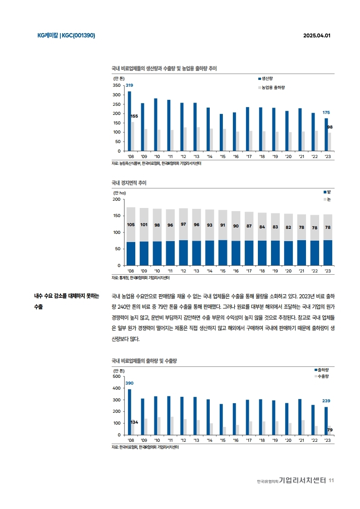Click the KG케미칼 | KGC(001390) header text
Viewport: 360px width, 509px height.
[x=66, y=35]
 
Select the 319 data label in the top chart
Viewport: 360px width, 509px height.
[x=129, y=85]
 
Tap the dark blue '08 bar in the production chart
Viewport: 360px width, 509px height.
[x=129, y=121]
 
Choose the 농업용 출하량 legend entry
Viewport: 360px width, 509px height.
[x=274, y=87]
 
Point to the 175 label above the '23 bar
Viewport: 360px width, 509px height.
[x=326, y=112]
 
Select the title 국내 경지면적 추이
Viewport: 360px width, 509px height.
[x=129, y=183]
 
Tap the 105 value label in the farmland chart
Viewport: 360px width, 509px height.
[x=131, y=225]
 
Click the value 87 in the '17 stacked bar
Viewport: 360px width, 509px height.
[x=249, y=226]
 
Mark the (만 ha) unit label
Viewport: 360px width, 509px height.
[x=119, y=193]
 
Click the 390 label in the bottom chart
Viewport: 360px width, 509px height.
[x=129, y=384]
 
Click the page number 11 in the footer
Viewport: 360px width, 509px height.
[x=331, y=480]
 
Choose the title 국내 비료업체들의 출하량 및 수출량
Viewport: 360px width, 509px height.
[x=144, y=361]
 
